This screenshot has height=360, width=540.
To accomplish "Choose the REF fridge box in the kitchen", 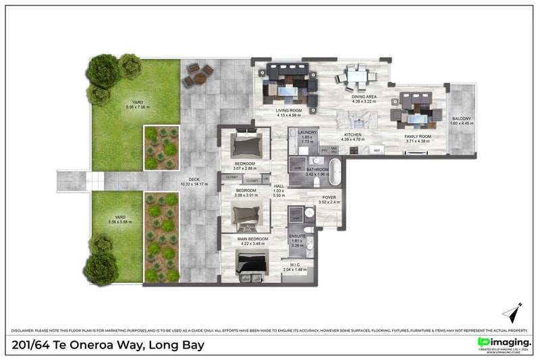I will coord(376,150).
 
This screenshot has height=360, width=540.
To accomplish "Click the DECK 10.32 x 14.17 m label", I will coord(194,182).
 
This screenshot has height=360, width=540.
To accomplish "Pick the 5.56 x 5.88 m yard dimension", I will coord(119,222).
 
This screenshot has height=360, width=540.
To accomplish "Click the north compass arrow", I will coord(511,313).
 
